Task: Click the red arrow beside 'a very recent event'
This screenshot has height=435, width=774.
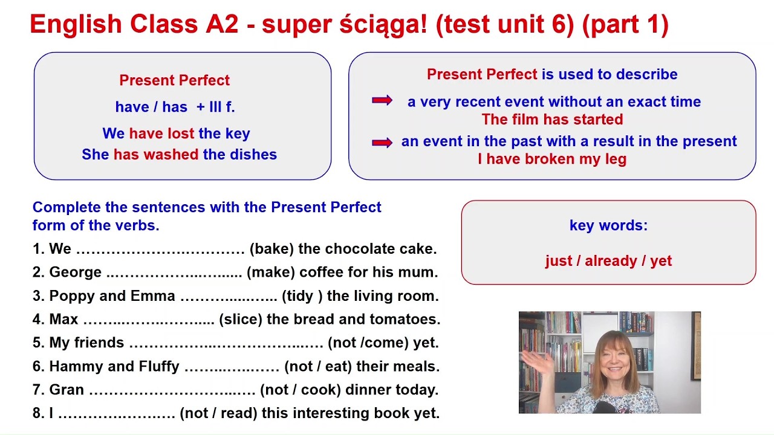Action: (x=382, y=100)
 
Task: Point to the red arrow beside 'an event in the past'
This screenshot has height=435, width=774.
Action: (x=382, y=143)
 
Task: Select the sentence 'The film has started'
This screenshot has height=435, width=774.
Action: (x=552, y=120)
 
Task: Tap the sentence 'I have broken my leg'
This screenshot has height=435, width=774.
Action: (x=552, y=159)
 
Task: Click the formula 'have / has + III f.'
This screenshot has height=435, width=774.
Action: (x=175, y=108)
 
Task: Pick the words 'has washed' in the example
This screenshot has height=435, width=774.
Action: (x=156, y=155)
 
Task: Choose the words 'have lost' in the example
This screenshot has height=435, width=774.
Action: (x=161, y=134)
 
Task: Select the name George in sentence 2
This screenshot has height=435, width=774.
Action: (x=76, y=272)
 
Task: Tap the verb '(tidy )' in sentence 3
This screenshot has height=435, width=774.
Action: (x=302, y=297)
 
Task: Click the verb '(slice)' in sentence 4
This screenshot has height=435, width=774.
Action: (x=240, y=320)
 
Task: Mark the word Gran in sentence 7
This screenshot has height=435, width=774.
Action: (x=67, y=390)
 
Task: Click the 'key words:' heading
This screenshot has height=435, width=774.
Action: (x=608, y=226)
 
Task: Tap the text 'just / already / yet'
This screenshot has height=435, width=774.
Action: (x=608, y=261)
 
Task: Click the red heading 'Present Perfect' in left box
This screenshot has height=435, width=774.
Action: (x=174, y=80)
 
